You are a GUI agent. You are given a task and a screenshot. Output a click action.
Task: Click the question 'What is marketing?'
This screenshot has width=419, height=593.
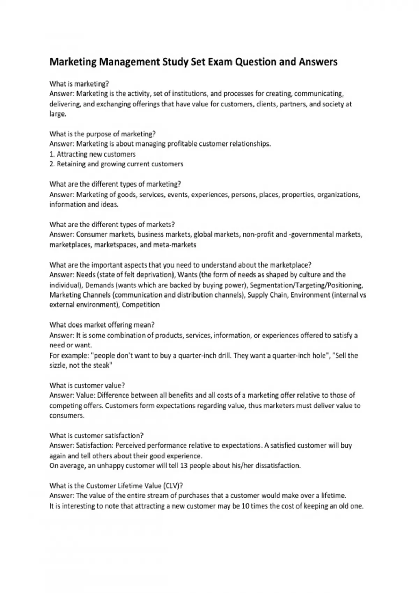(x=79, y=84)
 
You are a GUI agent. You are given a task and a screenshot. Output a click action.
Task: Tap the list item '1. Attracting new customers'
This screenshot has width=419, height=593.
(x=93, y=154)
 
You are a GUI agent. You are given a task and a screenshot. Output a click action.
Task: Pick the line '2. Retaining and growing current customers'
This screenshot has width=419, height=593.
(x=116, y=164)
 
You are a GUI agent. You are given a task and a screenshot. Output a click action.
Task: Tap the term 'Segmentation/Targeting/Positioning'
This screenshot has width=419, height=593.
(x=307, y=285)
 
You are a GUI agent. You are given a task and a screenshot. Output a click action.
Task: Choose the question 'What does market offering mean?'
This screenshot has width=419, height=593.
(x=102, y=325)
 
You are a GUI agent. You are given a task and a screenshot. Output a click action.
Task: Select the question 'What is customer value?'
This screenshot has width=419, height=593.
(x=87, y=385)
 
